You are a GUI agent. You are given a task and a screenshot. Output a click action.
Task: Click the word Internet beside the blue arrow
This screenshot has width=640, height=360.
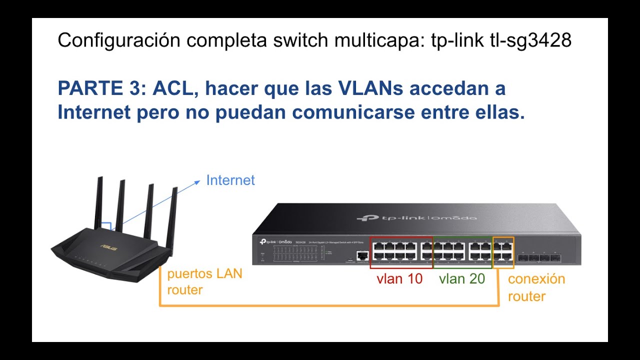click(x=230, y=180)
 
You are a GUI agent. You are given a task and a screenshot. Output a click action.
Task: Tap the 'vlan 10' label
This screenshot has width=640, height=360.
click(x=399, y=279)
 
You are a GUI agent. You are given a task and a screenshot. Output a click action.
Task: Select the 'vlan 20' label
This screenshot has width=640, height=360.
click(x=462, y=279)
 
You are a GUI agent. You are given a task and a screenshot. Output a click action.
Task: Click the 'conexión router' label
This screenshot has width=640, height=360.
click(x=536, y=287)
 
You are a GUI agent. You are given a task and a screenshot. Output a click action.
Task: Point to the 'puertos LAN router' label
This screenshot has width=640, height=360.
click(x=204, y=281)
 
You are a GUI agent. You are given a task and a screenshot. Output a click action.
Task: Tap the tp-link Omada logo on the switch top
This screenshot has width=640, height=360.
click(x=416, y=218)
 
